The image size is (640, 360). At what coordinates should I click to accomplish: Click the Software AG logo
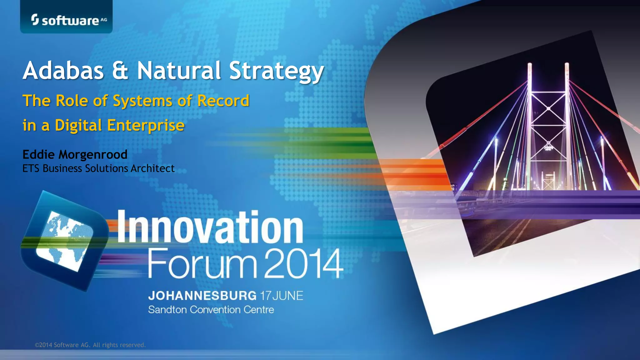pos(69,20)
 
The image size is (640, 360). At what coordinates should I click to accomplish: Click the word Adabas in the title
pos(63,71)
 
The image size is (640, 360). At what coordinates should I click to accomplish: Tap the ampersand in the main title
pos(120,71)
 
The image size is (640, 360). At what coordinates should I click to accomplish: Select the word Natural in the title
pos(179,71)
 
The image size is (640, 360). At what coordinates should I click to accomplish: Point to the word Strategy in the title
pos(276,71)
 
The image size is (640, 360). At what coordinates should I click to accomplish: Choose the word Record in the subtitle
pos(223,101)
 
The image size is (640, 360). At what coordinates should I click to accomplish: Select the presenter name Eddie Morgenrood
pos(75,154)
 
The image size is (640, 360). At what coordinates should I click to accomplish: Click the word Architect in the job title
pos(152,168)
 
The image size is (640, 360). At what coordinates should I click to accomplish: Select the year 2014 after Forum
pos(303,263)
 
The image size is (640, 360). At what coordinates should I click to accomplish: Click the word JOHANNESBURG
pos(202,296)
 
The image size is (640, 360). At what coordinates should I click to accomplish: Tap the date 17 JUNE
pos(282,296)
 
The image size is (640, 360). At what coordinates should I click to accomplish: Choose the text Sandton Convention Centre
pos(211,310)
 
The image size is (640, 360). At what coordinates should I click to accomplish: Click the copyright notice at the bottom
pos(90,345)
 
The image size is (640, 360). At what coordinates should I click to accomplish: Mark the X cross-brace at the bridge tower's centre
pos(548,108)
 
